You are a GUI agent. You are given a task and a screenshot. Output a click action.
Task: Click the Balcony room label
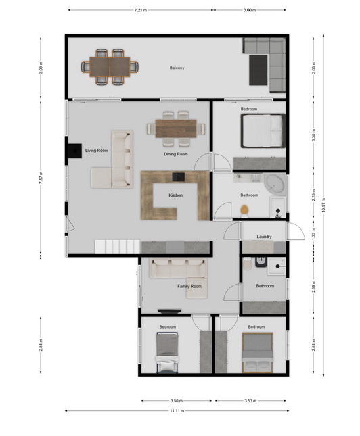(x=177, y=68)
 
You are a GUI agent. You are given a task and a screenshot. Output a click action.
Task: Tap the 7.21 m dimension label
(x=141, y=10)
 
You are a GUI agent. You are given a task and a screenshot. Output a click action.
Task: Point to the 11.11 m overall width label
(x=177, y=410)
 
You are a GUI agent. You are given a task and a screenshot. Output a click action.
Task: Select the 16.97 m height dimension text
(x=323, y=205)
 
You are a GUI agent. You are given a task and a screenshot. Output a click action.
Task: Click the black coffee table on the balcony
(x=258, y=70)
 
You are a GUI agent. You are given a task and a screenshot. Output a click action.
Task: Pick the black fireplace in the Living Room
(x=74, y=151)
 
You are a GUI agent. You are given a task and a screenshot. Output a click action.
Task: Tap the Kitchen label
(x=176, y=195)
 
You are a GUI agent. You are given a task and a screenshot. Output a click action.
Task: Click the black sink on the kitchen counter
(x=178, y=177)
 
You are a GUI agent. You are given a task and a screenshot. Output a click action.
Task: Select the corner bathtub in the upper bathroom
(x=275, y=185)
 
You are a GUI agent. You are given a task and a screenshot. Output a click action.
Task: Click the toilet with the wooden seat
(x=244, y=210)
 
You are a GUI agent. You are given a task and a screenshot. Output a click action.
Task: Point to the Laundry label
(x=264, y=237)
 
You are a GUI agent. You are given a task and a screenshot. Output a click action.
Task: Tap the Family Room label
(x=189, y=286)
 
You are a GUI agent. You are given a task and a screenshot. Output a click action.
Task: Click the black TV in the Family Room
(x=170, y=311)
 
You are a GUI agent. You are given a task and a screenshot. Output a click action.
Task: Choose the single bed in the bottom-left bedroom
(x=167, y=353)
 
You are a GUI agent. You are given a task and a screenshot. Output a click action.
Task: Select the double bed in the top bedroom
(x=263, y=130)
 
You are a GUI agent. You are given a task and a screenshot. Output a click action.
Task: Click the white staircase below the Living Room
(x=117, y=246)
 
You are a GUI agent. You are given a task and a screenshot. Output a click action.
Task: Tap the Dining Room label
(x=176, y=154)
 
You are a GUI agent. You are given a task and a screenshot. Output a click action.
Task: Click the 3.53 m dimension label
(x=250, y=401)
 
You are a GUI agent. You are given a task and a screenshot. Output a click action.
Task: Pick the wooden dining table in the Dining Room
(x=176, y=128)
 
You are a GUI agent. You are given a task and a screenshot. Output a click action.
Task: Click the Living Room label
(x=97, y=151)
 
